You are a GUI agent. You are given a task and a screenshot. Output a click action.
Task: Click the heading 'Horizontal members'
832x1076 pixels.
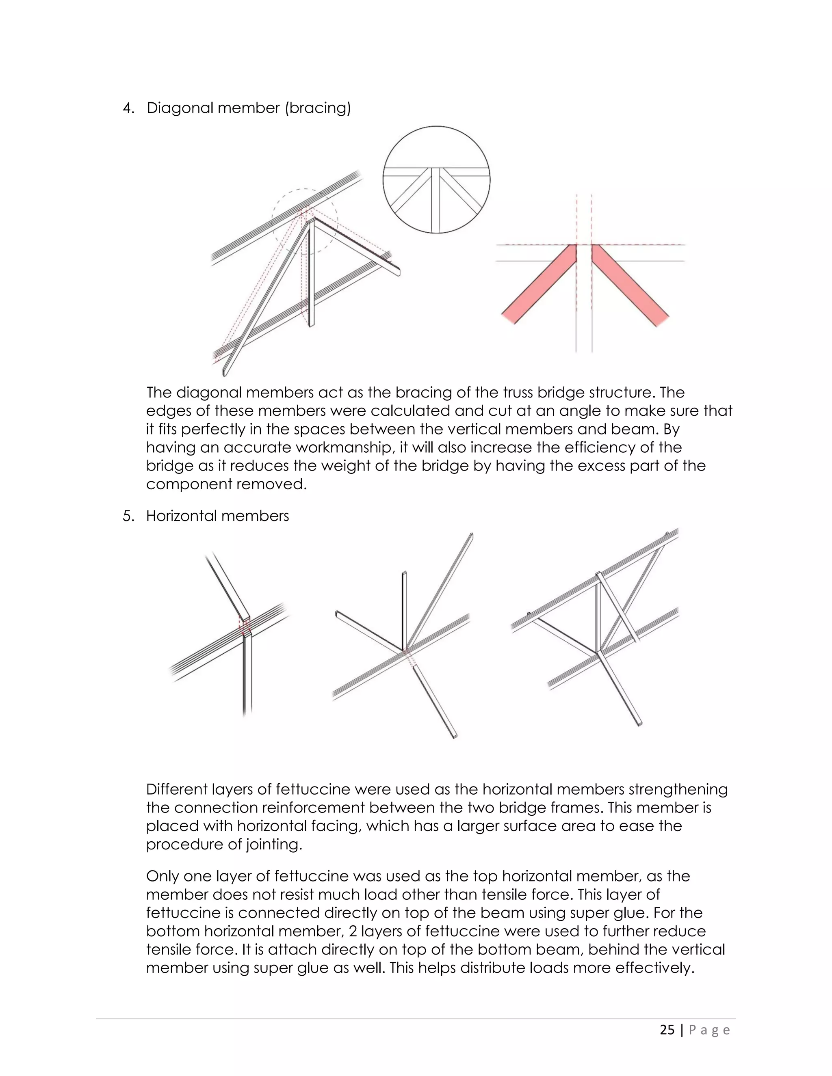pos(217,516)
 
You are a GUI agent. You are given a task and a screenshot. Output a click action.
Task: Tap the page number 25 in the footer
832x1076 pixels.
pos(667,1030)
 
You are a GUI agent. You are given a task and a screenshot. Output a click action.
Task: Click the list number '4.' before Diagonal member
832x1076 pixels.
pos(128,108)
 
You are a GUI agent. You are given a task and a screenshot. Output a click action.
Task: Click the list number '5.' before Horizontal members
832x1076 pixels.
pos(128,516)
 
